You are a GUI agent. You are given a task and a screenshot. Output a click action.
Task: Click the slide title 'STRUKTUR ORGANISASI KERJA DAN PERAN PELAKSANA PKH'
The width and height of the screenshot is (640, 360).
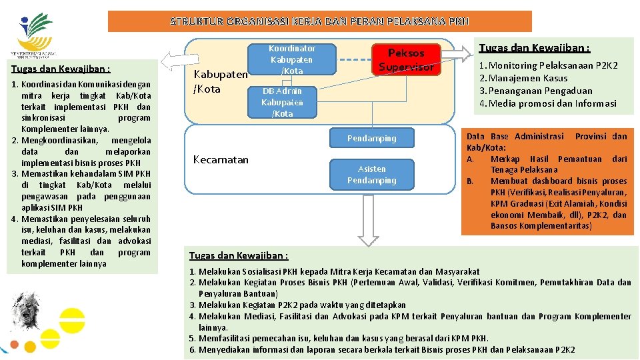(x=319, y=21)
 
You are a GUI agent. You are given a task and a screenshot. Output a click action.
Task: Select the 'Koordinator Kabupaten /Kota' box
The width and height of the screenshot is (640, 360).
(x=292, y=59)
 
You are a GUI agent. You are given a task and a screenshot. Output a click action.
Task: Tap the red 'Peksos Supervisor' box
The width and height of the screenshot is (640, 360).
(x=406, y=59)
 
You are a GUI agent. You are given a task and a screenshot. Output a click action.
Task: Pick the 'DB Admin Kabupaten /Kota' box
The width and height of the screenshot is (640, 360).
(x=282, y=102)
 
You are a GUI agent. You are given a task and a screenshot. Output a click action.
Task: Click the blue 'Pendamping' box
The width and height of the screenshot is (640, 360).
(x=371, y=139)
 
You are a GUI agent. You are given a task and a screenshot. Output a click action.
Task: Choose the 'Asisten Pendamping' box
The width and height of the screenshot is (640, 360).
(x=371, y=175)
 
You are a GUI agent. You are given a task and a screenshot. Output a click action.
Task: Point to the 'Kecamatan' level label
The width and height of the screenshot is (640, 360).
(x=220, y=159)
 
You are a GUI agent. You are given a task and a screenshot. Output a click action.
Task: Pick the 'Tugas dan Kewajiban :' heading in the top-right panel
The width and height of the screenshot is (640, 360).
(x=534, y=47)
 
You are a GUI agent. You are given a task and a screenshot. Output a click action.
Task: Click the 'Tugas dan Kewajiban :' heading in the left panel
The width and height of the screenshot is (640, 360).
(x=61, y=69)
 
